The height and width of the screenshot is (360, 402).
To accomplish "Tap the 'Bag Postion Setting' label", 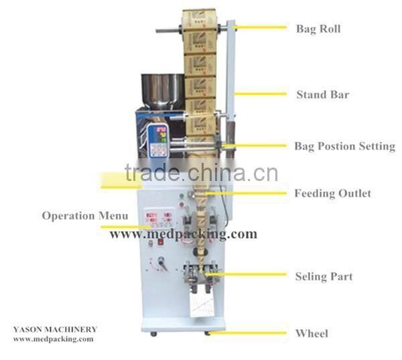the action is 344,146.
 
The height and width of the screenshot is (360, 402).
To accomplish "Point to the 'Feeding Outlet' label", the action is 332,194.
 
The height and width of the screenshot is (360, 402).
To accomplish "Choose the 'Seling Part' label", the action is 324,276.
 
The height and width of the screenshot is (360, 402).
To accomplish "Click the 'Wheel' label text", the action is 312,333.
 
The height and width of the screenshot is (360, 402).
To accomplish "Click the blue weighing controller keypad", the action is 159,141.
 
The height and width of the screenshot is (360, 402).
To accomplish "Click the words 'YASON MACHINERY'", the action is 55,330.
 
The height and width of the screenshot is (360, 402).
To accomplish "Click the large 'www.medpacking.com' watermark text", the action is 183,234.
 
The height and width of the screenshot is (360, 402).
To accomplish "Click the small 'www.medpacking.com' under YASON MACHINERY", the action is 54,339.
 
